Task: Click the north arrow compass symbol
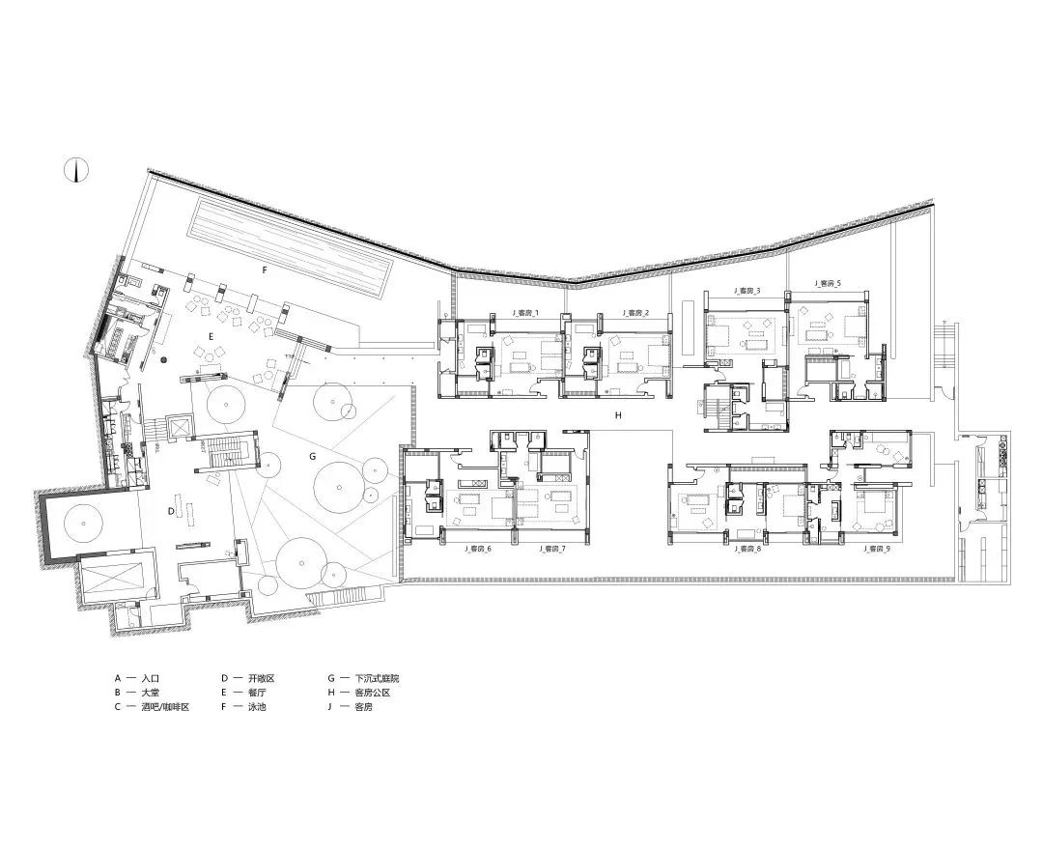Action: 76,170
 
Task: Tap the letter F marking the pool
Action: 263,271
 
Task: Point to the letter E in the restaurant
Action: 210,335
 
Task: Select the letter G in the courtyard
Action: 313,454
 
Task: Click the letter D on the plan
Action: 171,510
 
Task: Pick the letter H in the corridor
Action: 615,414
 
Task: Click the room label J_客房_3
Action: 746,290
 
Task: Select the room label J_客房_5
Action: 828,284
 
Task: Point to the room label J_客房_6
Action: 477,549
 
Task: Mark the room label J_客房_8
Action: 747,549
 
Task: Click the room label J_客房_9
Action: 876,549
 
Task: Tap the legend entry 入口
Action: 153,679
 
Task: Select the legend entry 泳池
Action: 257,707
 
